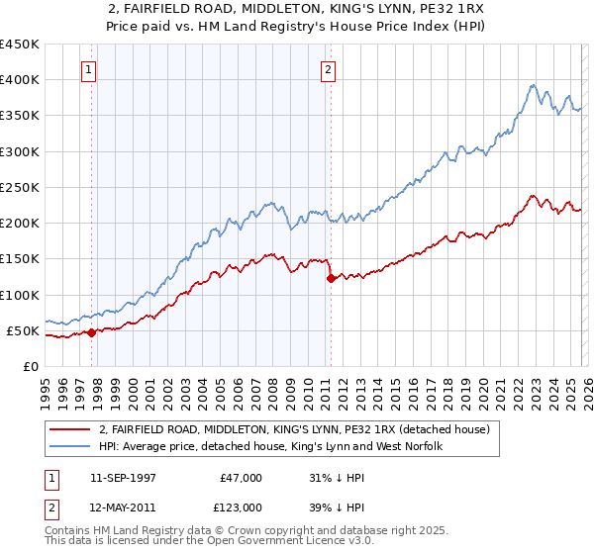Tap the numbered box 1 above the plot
click(x=90, y=70)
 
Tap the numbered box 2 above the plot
click(x=328, y=70)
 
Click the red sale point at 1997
click(x=92, y=332)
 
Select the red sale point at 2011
click(x=331, y=278)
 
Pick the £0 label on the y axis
click(x=30, y=367)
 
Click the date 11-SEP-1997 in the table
click(x=126, y=477)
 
